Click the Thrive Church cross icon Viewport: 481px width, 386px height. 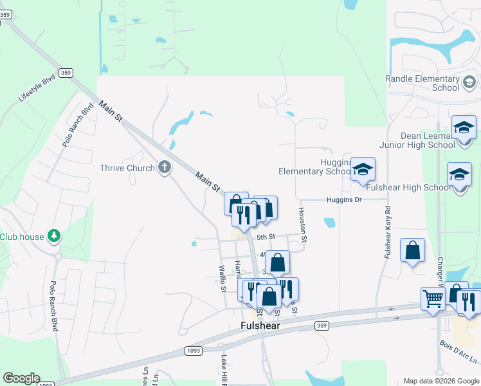165,168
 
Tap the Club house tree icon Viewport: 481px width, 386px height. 55,237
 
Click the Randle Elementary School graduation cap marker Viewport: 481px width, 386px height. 469,83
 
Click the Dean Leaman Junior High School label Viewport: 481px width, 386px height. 420,140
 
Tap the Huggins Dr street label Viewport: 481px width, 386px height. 344,199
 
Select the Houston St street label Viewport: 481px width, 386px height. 303,225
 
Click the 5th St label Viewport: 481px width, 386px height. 266,237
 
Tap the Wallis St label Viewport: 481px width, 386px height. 222,279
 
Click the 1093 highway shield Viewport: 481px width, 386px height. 194,351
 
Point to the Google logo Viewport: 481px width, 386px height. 21,378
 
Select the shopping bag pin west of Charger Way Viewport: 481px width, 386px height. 412,250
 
